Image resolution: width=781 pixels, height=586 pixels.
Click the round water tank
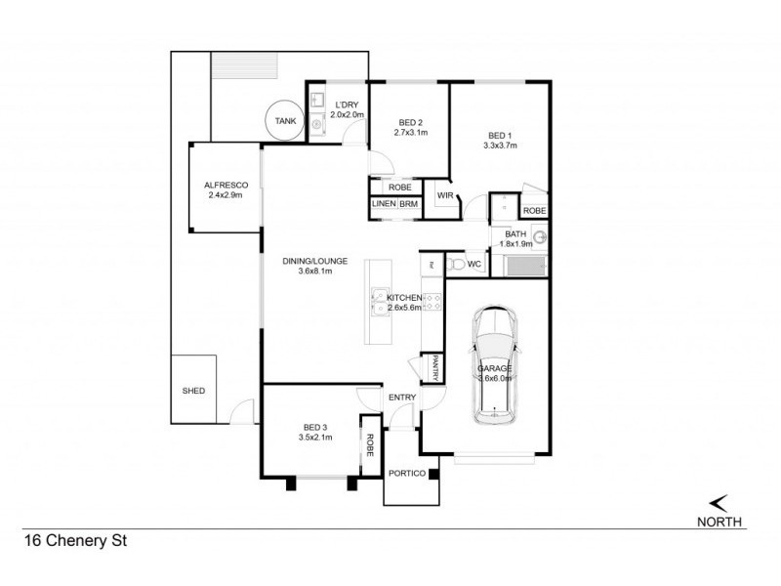284,121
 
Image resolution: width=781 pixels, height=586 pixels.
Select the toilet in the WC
456,265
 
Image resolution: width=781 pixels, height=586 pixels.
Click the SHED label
193,391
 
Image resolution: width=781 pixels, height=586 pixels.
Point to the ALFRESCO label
224,185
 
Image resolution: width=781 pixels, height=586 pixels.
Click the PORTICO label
406,474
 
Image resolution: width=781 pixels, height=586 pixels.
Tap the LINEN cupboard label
382,204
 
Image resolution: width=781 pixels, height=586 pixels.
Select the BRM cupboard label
407,204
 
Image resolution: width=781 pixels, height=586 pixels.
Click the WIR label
444,195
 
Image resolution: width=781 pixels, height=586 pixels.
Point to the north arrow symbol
719,502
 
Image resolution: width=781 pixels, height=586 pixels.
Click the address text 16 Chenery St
77,538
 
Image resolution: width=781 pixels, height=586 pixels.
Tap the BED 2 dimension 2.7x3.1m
411,133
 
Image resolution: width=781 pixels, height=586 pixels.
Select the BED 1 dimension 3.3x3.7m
499,146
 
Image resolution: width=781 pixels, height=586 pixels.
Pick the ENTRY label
402,398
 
